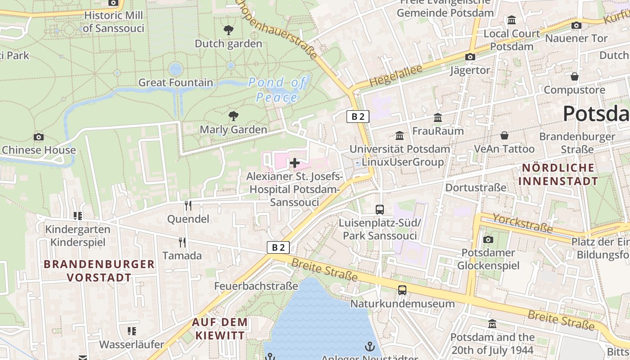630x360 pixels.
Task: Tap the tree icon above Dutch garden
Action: [x=229, y=30]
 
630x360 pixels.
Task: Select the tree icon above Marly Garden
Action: [x=233, y=116]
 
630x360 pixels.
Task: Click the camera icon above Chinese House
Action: [x=39, y=137]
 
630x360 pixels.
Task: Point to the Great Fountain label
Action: [x=175, y=83]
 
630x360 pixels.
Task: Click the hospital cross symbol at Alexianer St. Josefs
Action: [x=295, y=162]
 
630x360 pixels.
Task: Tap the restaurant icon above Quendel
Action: [x=188, y=206]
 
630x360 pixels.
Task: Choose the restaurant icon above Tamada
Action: [x=182, y=242]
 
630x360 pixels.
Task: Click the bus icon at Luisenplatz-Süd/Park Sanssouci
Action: [x=380, y=209]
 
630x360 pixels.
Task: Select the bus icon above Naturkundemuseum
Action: [x=402, y=290]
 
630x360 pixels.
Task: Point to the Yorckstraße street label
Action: [x=522, y=223]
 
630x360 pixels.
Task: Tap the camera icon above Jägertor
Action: [x=470, y=57]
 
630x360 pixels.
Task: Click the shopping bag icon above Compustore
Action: [x=574, y=76]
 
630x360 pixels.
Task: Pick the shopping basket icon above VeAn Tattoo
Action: [x=504, y=135]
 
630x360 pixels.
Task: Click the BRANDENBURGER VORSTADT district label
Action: [x=99, y=271]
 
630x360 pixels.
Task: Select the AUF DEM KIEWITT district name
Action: [x=220, y=328]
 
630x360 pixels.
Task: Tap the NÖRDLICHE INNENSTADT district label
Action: [x=558, y=175]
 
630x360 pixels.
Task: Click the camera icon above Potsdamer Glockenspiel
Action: [x=488, y=239]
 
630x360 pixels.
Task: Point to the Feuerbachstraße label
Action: [x=256, y=286]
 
